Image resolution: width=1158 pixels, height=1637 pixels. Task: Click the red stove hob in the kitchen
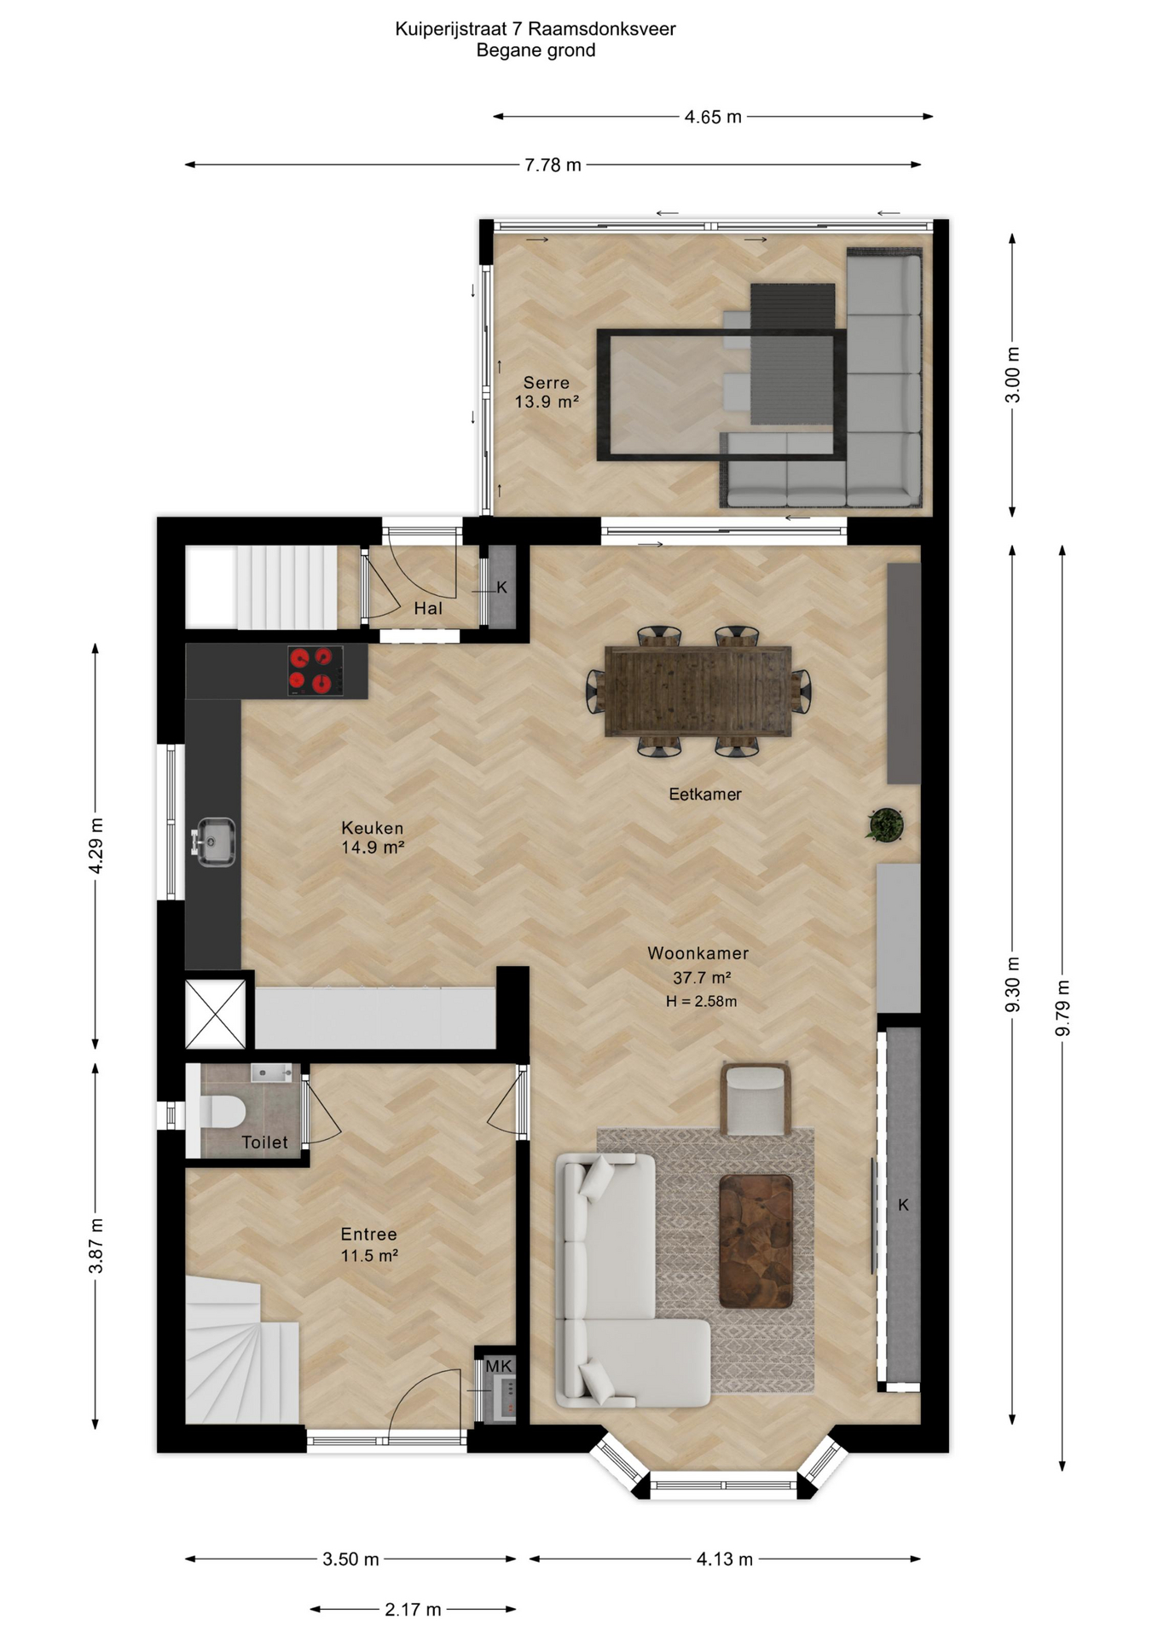pyautogui.click(x=316, y=670)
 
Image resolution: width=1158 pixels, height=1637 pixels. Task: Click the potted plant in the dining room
pyautogui.click(x=885, y=824)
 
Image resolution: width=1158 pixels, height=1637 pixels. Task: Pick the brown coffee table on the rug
pyautogui.click(x=756, y=1241)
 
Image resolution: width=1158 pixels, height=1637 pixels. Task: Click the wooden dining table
pyautogui.click(x=698, y=691)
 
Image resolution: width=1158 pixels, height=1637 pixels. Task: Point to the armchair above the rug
pyautogui.click(x=755, y=1098)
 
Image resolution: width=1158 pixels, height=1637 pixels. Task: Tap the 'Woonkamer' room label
pyautogui.click(x=698, y=953)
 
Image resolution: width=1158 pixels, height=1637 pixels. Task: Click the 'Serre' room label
pyautogui.click(x=546, y=383)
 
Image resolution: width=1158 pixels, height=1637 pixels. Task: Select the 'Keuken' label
pyautogui.click(x=372, y=827)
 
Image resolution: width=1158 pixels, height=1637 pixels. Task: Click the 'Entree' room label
pyautogui.click(x=368, y=1234)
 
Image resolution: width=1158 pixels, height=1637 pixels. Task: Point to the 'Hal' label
pyautogui.click(x=428, y=608)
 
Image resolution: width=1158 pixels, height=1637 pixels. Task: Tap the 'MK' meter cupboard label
pyautogui.click(x=499, y=1366)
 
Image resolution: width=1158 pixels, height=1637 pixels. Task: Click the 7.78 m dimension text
pyautogui.click(x=553, y=165)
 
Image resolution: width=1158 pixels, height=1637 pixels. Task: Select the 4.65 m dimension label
pyautogui.click(x=713, y=117)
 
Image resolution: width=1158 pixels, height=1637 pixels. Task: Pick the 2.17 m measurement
pyautogui.click(x=413, y=1609)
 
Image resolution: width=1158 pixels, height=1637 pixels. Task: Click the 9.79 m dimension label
pyautogui.click(x=1062, y=1008)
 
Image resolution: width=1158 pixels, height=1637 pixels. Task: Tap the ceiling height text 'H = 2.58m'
pyautogui.click(x=701, y=1001)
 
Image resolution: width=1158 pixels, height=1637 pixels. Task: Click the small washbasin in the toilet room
pyautogui.click(x=271, y=1072)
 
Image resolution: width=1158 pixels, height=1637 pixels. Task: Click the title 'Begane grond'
pyautogui.click(x=536, y=50)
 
